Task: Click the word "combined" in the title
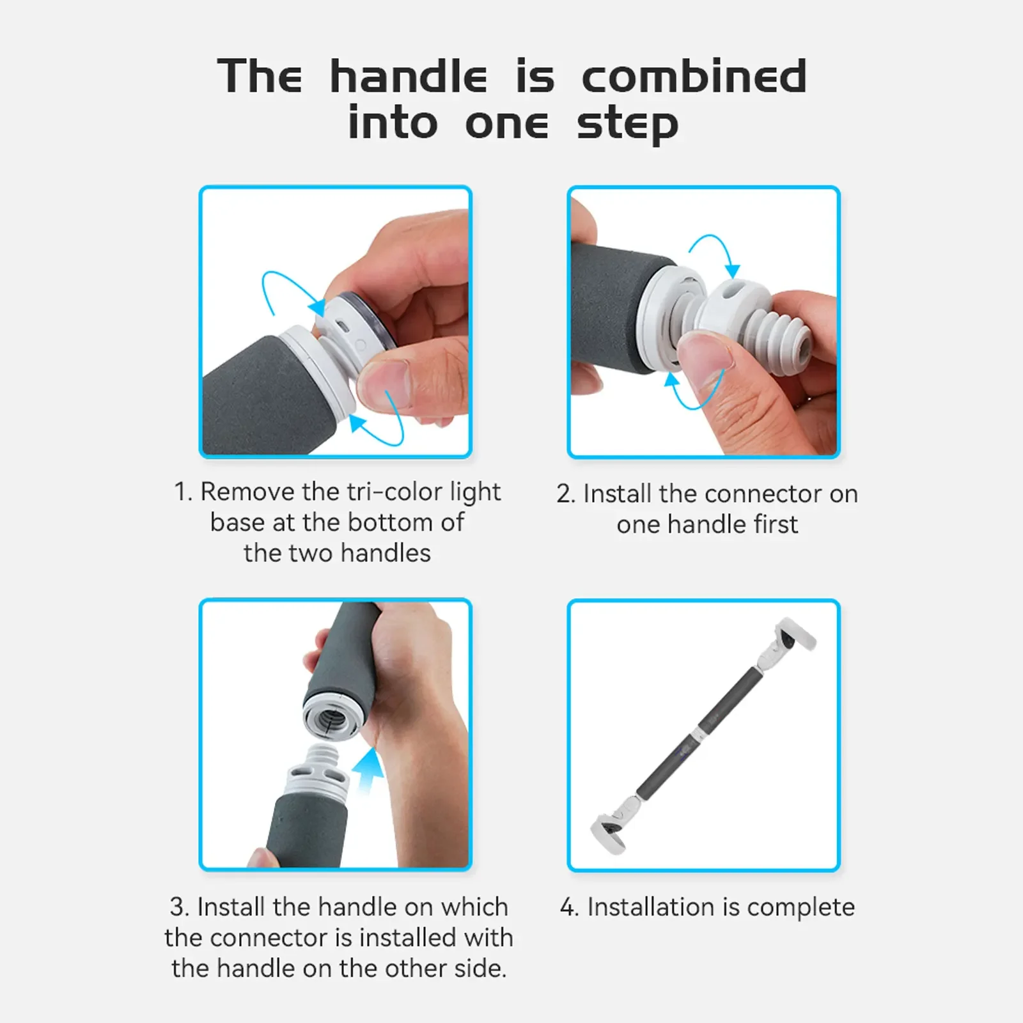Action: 694,76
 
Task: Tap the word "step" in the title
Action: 627,125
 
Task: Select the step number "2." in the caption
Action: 566,494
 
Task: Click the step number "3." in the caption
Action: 179,907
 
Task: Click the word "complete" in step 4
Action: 800,908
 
